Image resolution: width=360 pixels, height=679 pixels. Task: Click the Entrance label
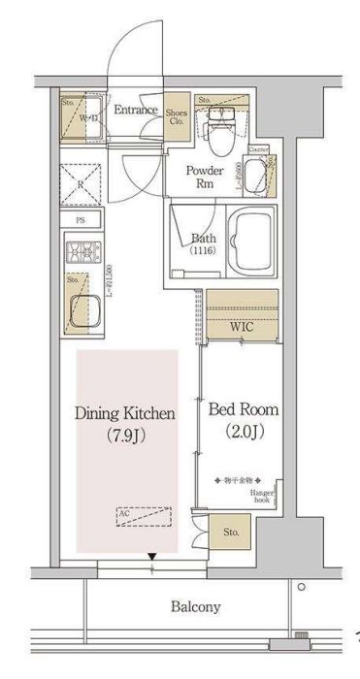[x=135, y=111]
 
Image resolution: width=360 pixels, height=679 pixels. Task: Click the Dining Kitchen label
[x=125, y=414]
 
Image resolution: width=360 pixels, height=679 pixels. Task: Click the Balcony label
[x=196, y=608]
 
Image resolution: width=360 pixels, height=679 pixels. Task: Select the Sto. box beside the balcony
[x=231, y=532]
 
